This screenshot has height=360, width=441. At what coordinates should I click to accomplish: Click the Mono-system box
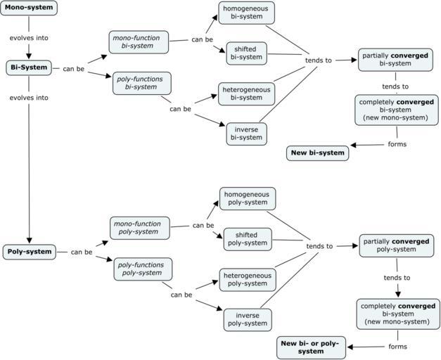(x=28, y=8)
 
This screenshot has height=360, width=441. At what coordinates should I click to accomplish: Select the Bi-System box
(x=29, y=67)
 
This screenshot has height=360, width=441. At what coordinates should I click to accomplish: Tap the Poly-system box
(x=29, y=251)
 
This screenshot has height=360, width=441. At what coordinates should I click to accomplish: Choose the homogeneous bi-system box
(x=246, y=13)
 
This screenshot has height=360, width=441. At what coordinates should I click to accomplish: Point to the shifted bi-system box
(x=246, y=53)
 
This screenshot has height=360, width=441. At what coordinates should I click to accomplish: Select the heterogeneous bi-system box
(x=246, y=93)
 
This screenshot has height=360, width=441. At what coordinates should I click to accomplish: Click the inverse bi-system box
(x=246, y=133)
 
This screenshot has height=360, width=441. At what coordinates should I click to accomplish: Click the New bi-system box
(x=318, y=153)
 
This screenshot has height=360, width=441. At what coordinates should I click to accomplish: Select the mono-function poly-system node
(x=140, y=227)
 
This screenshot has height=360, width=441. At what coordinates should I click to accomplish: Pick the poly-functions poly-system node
(x=143, y=269)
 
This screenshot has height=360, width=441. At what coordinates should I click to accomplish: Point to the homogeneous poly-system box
(x=248, y=198)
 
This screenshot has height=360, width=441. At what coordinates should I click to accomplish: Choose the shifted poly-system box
(x=248, y=239)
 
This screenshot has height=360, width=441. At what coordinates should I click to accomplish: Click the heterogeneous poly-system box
(x=248, y=279)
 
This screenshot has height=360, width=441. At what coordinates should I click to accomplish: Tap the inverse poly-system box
(x=248, y=319)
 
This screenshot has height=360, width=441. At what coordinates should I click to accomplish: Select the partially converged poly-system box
(x=396, y=245)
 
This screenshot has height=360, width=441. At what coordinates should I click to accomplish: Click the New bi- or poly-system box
(x=310, y=347)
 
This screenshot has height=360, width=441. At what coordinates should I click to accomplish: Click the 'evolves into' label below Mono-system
(x=29, y=38)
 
